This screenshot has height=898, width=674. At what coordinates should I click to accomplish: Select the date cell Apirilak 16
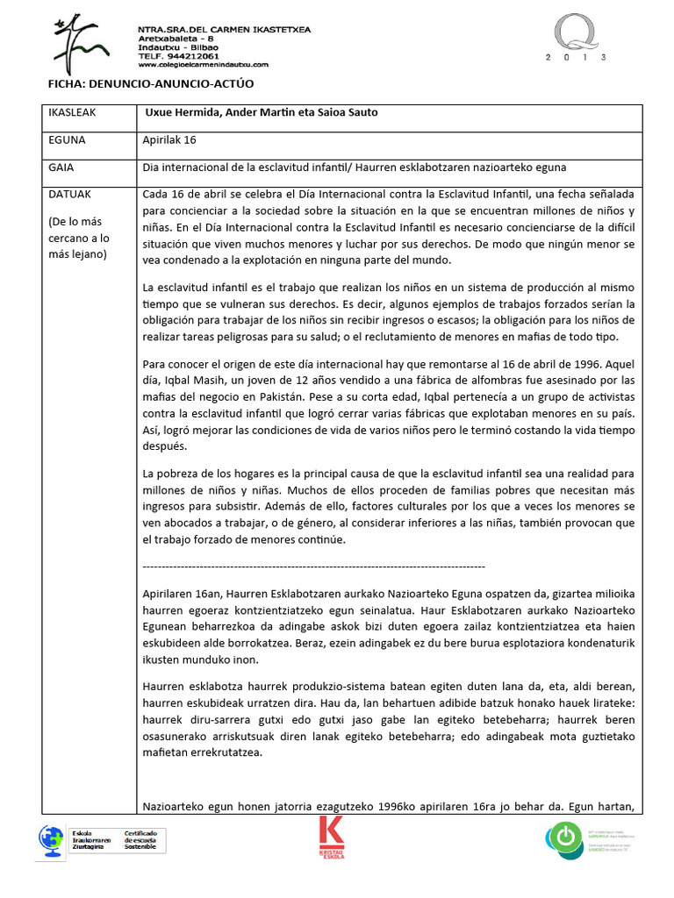170,139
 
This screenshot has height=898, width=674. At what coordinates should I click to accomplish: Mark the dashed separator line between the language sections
312,566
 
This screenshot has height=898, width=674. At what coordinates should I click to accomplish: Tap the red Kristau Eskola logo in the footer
332,837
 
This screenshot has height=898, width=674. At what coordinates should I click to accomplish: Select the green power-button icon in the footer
563,837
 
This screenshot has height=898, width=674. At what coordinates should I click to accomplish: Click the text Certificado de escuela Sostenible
140,839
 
